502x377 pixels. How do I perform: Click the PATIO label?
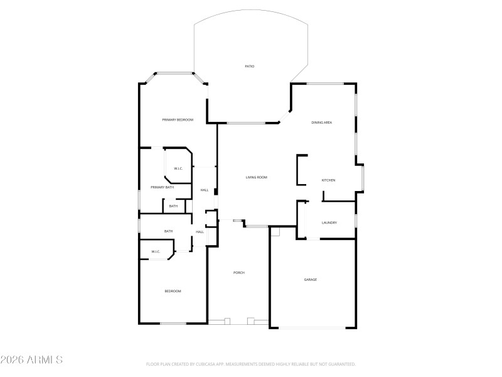click(x=249, y=66)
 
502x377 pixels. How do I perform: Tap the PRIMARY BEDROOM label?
click(x=178, y=120)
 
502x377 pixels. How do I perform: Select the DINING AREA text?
click(x=321, y=123)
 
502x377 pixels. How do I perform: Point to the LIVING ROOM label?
click(x=256, y=177)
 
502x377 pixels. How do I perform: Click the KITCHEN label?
click(x=328, y=180)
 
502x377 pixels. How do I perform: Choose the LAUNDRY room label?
click(x=329, y=222)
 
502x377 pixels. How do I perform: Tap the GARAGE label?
click(x=311, y=279)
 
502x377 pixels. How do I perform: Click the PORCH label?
click(x=238, y=272)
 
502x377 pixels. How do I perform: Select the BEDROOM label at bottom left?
click(x=173, y=291)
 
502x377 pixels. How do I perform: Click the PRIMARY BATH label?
click(x=162, y=187)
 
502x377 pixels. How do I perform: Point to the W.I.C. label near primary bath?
click(x=178, y=168)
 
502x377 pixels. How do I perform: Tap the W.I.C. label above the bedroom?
click(x=156, y=252)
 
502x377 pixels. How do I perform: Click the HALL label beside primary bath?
click(x=204, y=190)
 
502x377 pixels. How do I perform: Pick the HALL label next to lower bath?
click(x=200, y=232)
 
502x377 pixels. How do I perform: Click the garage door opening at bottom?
click(x=312, y=327)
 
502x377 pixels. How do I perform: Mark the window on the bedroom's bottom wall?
click(x=173, y=324)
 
